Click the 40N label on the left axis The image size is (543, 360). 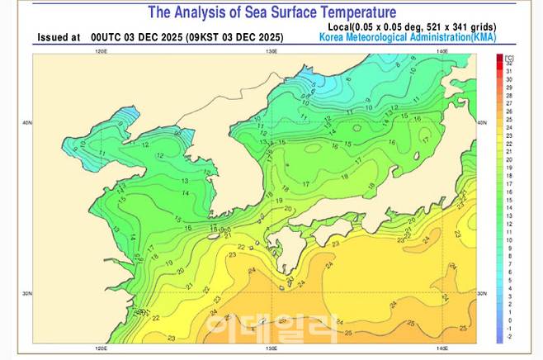[27, 123]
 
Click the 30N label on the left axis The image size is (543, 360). [27, 293]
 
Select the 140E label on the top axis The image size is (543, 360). [442, 51]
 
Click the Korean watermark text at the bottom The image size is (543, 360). [271, 328]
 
